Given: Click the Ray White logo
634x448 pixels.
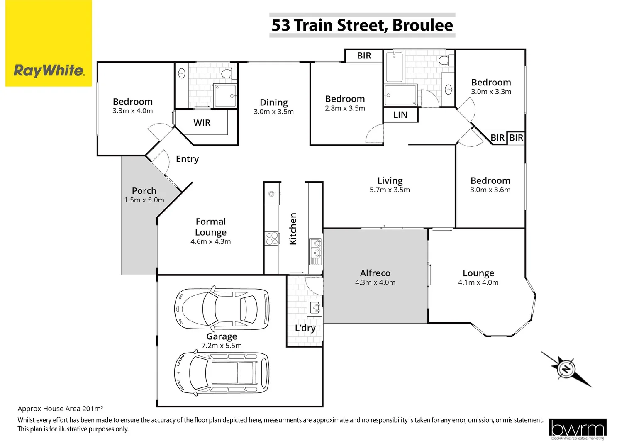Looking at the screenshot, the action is (x=49, y=70).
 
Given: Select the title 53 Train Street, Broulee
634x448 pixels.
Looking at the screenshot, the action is (x=362, y=25).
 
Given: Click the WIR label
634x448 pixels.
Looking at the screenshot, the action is (x=202, y=123).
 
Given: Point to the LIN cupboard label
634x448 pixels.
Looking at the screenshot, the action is (x=400, y=115).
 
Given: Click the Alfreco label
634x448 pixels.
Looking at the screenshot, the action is (x=375, y=273).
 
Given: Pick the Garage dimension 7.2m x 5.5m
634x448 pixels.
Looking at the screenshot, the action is (x=222, y=346).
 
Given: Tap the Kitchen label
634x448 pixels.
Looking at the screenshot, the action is (x=293, y=229).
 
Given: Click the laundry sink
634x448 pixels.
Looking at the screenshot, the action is (x=315, y=307).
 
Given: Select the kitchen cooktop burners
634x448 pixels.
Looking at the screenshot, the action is (x=272, y=239).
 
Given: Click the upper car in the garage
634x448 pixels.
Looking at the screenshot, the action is (x=222, y=308).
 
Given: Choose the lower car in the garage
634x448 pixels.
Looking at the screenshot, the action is (x=222, y=373).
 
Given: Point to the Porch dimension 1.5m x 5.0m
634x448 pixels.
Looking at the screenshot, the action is (x=144, y=200).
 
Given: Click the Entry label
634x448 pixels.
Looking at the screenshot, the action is (x=187, y=159).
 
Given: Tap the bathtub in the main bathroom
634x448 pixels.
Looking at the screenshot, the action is (x=394, y=67).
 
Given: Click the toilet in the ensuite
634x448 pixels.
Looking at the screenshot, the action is (x=227, y=74).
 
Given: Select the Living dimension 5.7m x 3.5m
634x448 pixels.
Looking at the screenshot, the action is (x=390, y=190).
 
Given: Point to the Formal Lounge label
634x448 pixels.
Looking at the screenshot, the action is (x=211, y=227).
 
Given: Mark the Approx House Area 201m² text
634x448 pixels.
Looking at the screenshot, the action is (x=60, y=409).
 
